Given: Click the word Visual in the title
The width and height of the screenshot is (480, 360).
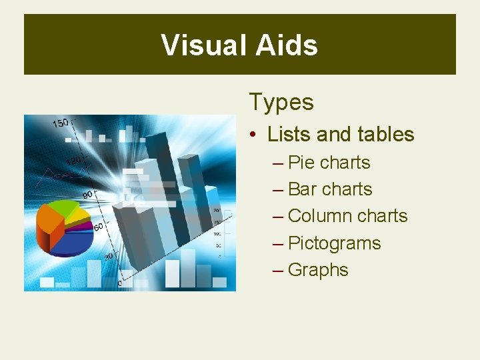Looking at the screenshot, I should pyautogui.click(x=203, y=45).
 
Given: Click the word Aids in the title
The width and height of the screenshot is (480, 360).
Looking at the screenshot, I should pyautogui.click(x=287, y=45).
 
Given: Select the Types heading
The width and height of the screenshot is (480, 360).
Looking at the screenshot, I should pyautogui.click(x=281, y=102).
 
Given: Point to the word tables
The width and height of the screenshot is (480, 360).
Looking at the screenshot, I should pyautogui.click(x=385, y=134).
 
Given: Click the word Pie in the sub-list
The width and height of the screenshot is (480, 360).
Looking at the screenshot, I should pyautogui.click(x=301, y=163).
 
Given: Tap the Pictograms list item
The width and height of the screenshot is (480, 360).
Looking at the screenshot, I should pyautogui.click(x=334, y=243).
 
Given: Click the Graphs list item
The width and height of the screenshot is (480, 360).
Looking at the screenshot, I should pyautogui.click(x=318, y=270).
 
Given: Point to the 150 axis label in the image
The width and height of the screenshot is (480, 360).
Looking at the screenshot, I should pyautogui.click(x=61, y=123).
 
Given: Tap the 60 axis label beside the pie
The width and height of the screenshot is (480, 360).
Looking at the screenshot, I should pyautogui.click(x=98, y=227).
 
